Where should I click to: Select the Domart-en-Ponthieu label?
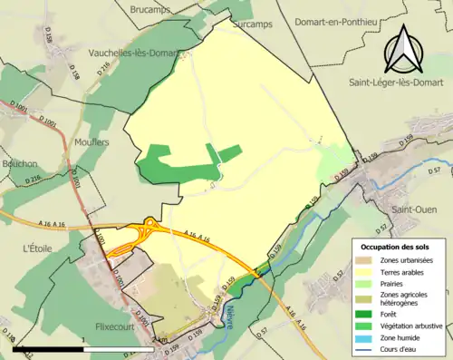(x=333, y=10)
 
